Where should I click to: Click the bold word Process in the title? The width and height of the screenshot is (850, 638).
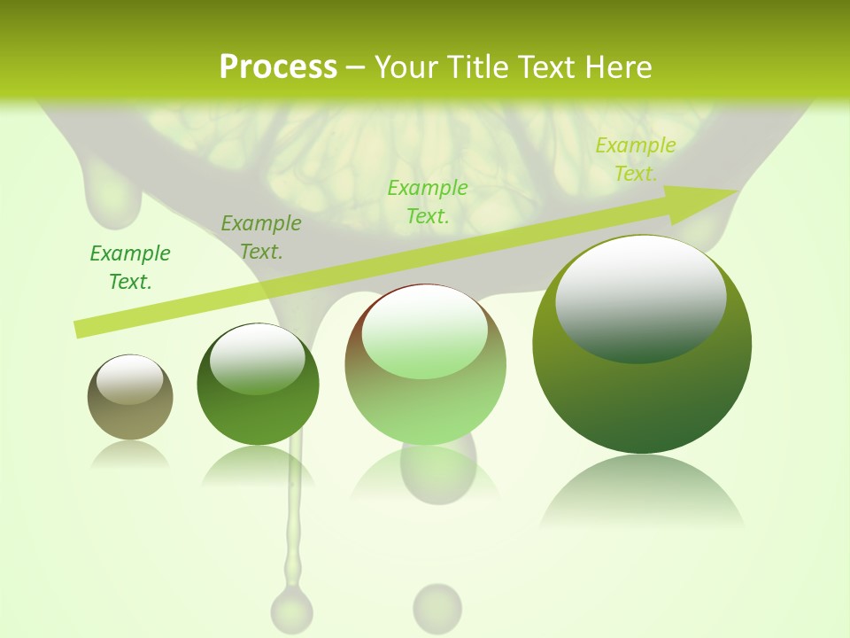(278, 67)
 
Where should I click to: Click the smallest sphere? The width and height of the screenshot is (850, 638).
(130, 397)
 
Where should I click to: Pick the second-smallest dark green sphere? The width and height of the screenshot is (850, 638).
(258, 384)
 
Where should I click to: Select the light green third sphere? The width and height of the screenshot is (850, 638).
(425, 364)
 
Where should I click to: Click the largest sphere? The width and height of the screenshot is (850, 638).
(642, 344)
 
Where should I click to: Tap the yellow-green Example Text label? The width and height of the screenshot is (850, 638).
(635, 159)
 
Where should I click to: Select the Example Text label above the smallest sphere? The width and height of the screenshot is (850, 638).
(130, 268)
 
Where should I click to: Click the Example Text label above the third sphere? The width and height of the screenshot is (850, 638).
(428, 201)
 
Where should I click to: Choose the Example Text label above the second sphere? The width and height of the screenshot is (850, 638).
(261, 237)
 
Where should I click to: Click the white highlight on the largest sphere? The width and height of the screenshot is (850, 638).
(640, 297)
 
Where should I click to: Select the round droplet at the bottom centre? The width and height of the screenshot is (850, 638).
(437, 608)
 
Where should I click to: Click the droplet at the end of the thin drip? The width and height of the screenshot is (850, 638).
(291, 609)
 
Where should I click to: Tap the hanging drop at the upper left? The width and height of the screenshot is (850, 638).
(112, 199)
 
